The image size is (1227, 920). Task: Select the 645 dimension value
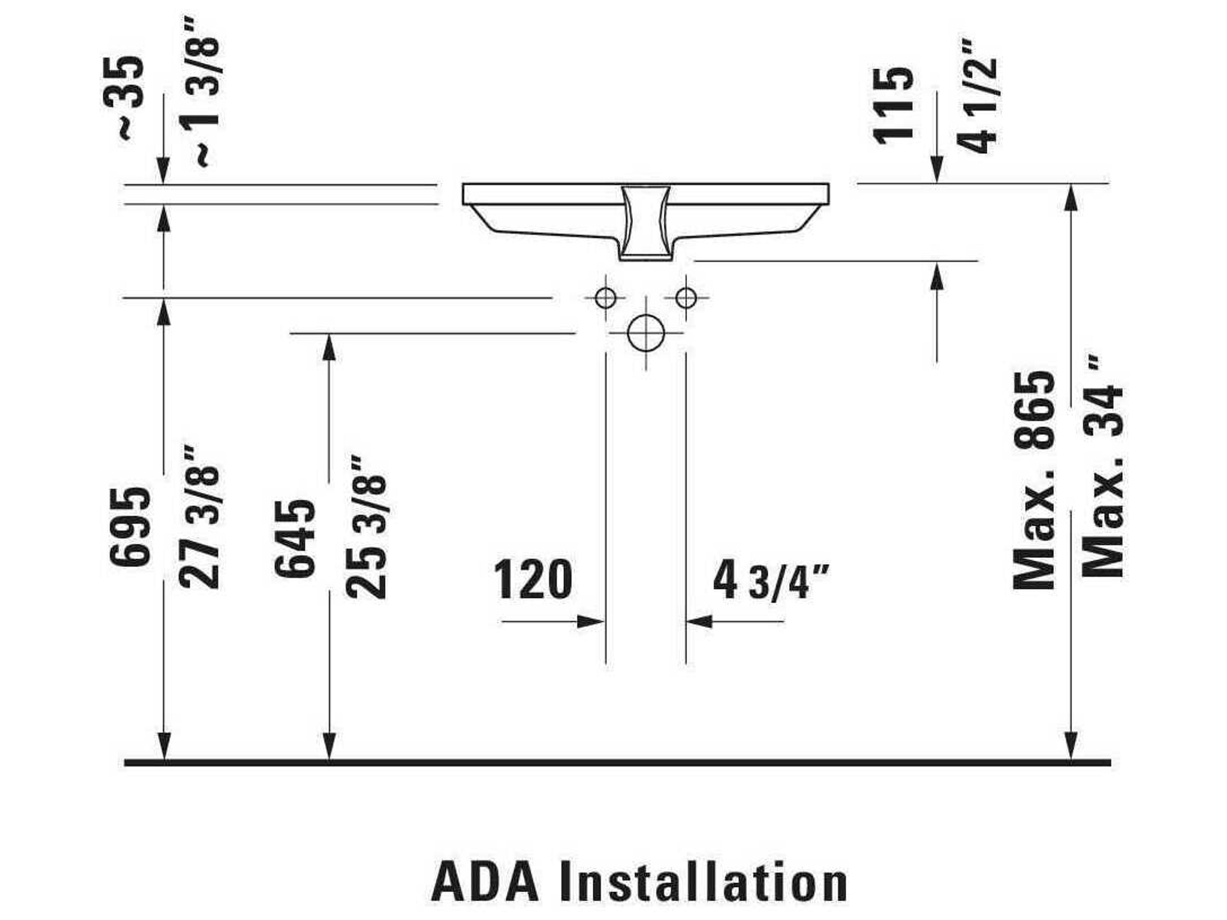pos(295,538)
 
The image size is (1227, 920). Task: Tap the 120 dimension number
pos(533,580)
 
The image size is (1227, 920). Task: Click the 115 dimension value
pos(893,105)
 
